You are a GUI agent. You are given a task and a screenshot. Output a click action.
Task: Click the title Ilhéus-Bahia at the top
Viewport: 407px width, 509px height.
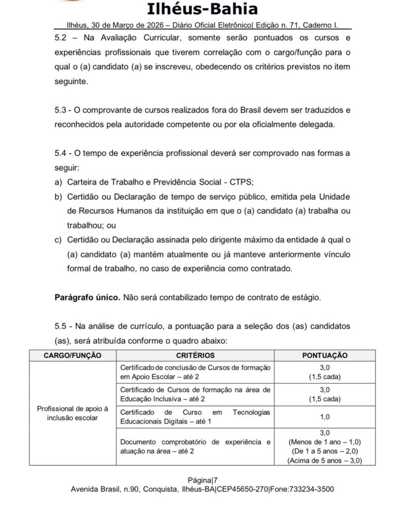(x=203, y=9)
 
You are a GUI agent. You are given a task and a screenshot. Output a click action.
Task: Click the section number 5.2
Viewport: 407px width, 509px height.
(x=61, y=38)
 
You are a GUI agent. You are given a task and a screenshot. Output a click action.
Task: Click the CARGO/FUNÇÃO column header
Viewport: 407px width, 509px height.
(x=73, y=355)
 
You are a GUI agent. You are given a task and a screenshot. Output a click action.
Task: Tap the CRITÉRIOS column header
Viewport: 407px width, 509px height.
(x=195, y=355)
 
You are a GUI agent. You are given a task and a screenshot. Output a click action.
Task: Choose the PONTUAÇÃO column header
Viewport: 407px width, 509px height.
(x=325, y=355)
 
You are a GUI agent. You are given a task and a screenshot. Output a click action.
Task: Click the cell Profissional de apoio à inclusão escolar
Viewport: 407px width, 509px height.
(x=73, y=413)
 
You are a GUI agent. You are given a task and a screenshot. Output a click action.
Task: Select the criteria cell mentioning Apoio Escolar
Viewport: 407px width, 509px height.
(x=195, y=372)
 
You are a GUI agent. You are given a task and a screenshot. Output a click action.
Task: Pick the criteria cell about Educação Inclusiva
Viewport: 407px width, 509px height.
(x=195, y=394)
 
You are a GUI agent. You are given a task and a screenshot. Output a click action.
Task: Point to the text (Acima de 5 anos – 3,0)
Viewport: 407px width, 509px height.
(x=325, y=461)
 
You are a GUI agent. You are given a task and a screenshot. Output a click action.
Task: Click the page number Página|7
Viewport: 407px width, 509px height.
(x=203, y=480)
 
